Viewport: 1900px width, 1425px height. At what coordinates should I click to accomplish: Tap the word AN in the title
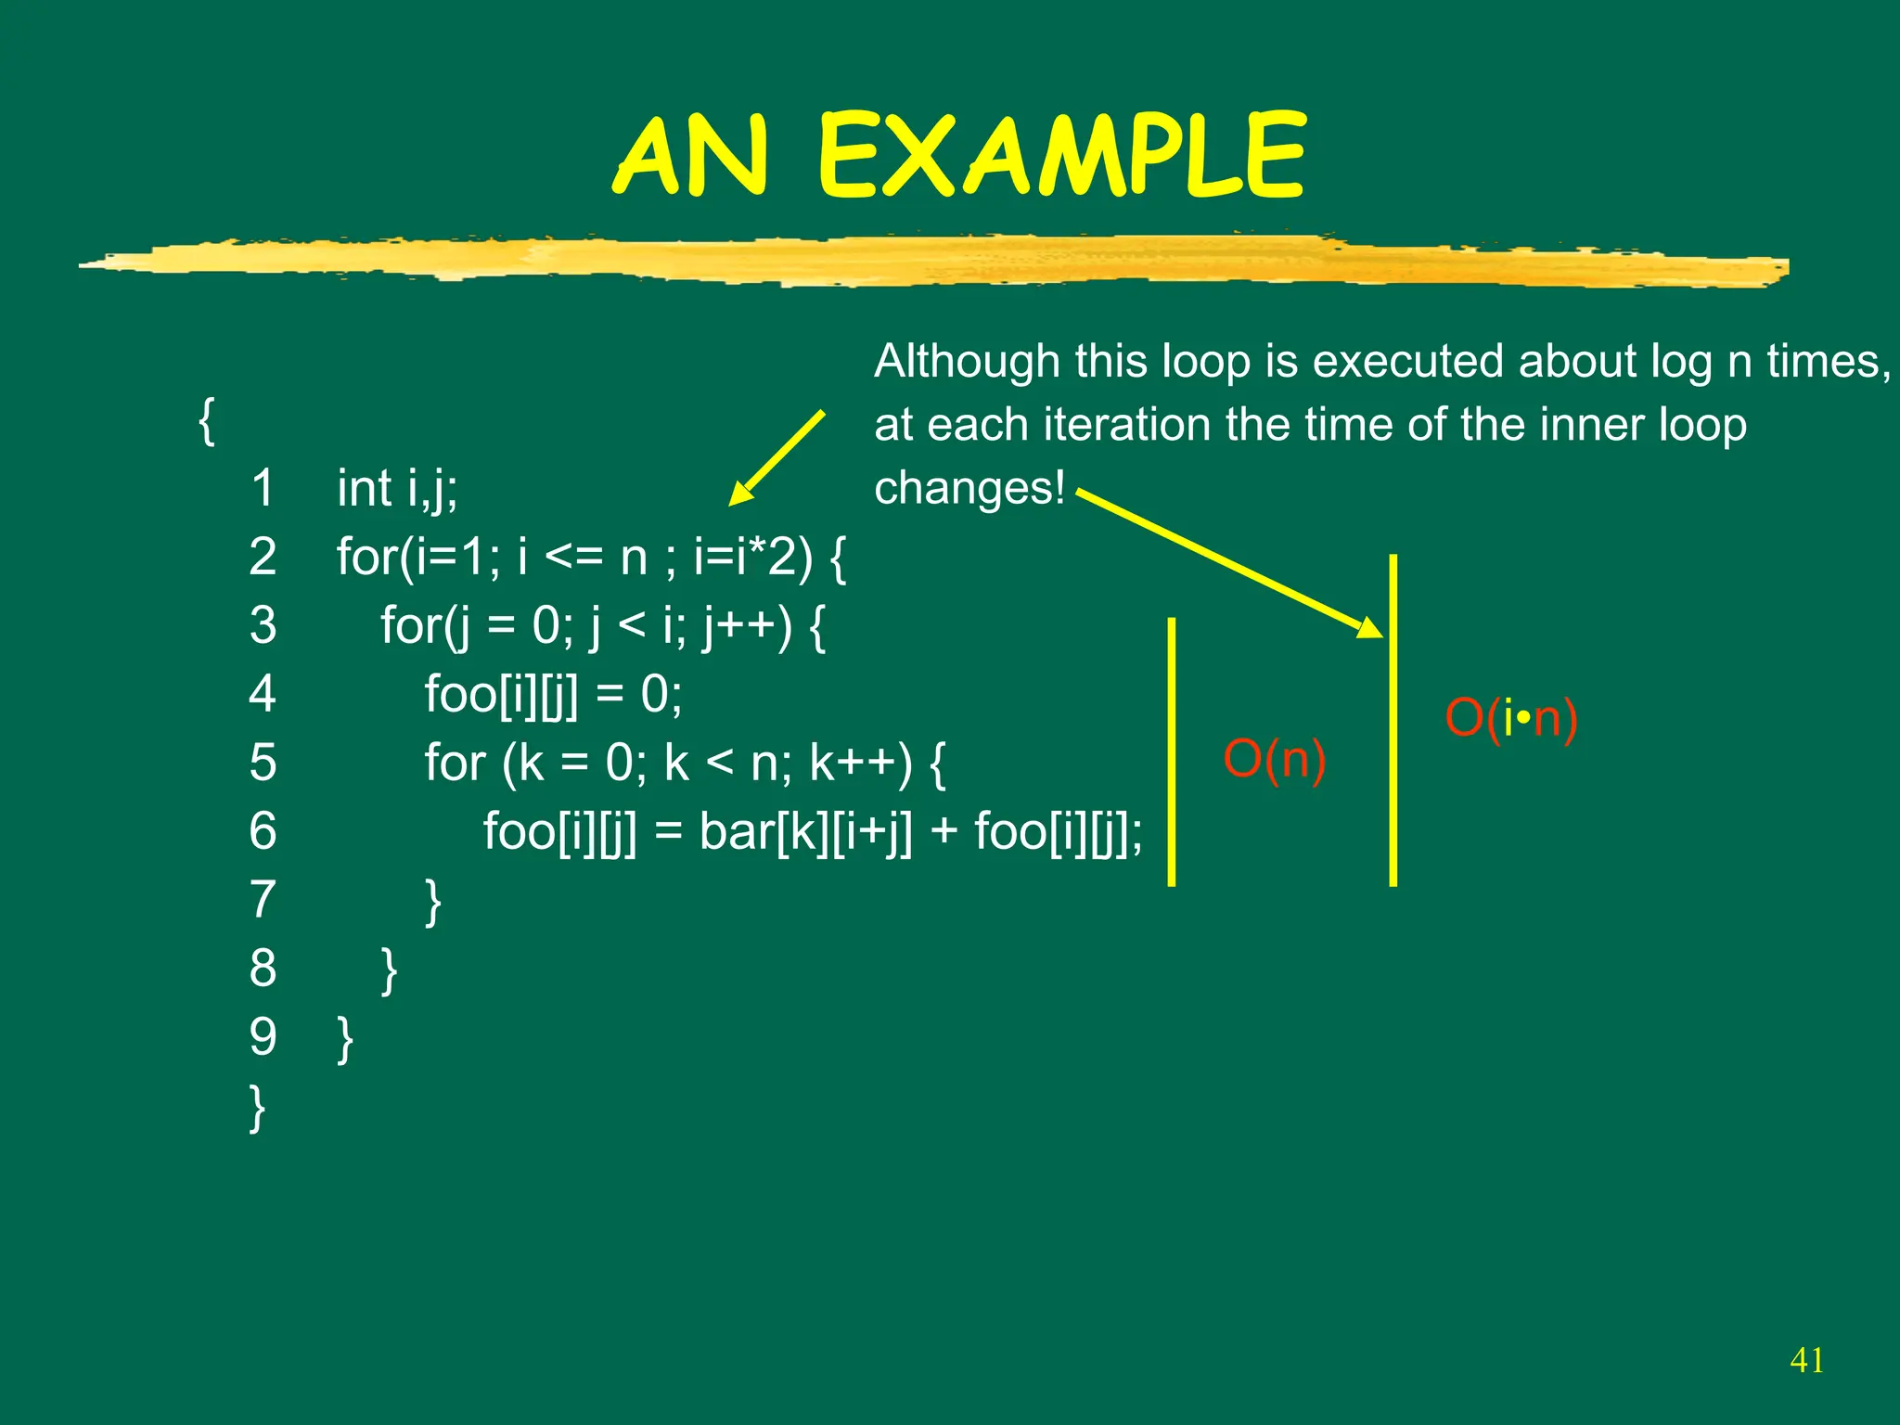691,156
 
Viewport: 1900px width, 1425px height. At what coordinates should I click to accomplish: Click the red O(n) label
1274,760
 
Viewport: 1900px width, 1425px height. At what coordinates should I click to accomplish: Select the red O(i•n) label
1510,719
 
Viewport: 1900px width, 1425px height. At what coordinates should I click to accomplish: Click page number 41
1806,1360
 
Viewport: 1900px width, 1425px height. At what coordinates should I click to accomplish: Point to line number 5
263,763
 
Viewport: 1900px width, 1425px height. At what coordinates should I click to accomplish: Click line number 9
263,1037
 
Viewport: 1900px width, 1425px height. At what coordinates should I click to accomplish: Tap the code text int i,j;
397,489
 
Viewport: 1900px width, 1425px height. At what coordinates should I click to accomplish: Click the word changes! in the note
969,488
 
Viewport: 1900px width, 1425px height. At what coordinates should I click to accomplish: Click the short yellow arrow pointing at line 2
777,457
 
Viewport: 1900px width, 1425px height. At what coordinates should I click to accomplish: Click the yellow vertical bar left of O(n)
1172,751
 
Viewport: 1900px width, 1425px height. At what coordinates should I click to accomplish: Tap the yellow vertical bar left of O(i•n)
1393,720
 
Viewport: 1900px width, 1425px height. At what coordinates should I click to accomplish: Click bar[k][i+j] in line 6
805,831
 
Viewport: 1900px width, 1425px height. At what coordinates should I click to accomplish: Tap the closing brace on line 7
432,901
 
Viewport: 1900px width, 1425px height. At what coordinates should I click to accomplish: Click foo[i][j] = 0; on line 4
553,695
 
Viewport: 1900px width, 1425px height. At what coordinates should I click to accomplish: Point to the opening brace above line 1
207,420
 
